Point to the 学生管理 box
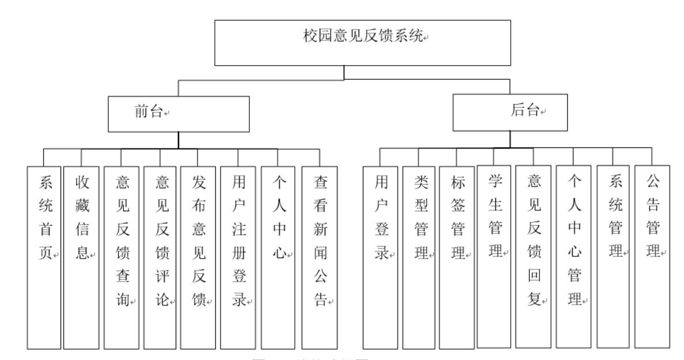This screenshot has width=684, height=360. pyautogui.click(x=495, y=257)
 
